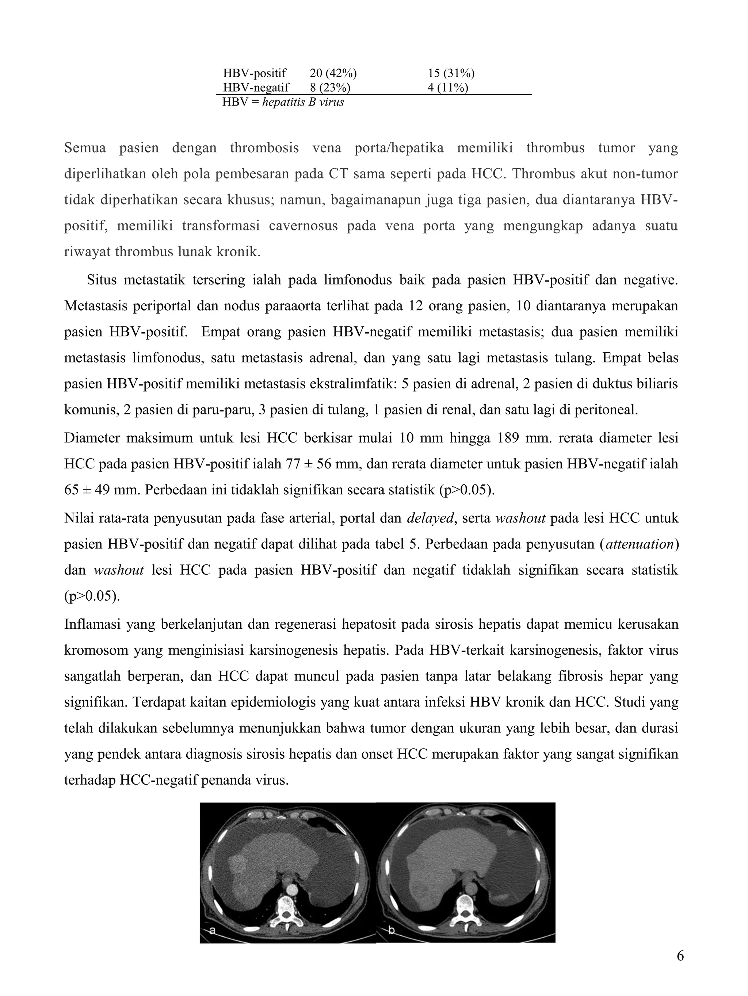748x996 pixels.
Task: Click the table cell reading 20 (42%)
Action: [x=333, y=73]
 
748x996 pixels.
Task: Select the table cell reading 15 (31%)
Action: [x=451, y=73]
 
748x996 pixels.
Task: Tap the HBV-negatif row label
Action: [x=256, y=87]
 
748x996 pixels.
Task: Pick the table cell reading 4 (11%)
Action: [x=448, y=87]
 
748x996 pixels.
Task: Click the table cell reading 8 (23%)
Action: [x=330, y=87]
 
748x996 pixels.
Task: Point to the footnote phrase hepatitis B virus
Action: [x=303, y=102]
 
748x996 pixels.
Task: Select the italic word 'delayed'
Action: [x=430, y=518]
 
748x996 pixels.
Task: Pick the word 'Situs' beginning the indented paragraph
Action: [x=102, y=280]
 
